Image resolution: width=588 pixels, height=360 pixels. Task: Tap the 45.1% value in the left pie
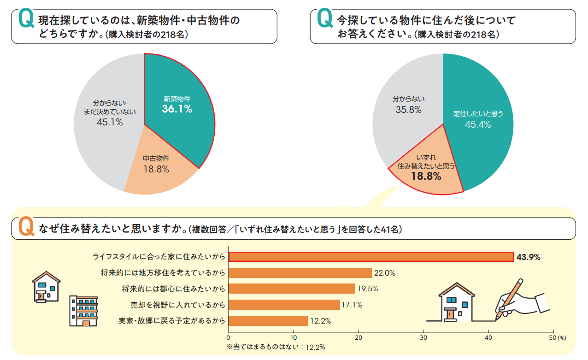(x=110, y=122)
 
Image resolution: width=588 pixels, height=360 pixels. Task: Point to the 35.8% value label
(x=408, y=110)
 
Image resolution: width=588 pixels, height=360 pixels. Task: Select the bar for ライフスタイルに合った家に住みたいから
(x=370, y=257)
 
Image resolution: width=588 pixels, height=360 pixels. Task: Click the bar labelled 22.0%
(x=300, y=273)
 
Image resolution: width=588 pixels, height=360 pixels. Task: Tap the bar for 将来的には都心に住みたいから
(x=292, y=289)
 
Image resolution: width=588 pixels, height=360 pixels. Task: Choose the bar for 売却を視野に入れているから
(x=284, y=305)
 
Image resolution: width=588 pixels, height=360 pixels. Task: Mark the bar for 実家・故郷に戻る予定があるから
(x=268, y=320)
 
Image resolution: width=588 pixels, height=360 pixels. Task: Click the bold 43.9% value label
(x=528, y=257)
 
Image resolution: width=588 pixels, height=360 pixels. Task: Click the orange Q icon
(x=26, y=227)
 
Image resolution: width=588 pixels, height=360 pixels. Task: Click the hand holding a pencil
(x=516, y=300)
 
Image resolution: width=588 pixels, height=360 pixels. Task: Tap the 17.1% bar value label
(x=351, y=305)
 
